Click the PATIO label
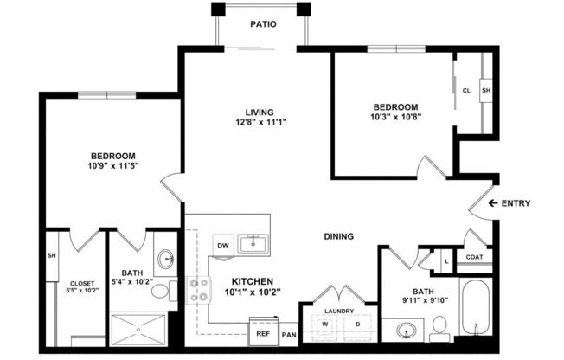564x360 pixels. click(x=263, y=24)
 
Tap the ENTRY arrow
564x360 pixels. click(x=493, y=203)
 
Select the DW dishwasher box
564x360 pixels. click(x=223, y=246)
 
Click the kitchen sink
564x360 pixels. click(x=253, y=244)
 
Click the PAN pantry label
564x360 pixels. click(x=289, y=335)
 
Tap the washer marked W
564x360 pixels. click(x=324, y=326)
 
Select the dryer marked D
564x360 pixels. click(x=357, y=326)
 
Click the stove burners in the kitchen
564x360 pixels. click(x=199, y=290)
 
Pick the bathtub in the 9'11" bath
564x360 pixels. click(x=476, y=307)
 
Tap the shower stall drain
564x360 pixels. click(x=138, y=330)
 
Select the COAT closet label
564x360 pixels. click(x=474, y=257)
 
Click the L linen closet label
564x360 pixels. click(x=446, y=261)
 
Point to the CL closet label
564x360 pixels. click(x=466, y=91)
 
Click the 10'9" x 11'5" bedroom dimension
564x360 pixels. click(x=113, y=166)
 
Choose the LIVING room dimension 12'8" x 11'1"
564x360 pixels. click(x=260, y=122)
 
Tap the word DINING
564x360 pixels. click(x=339, y=236)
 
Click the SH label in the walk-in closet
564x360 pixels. click(x=52, y=255)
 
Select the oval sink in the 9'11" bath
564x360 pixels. click(x=407, y=330)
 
